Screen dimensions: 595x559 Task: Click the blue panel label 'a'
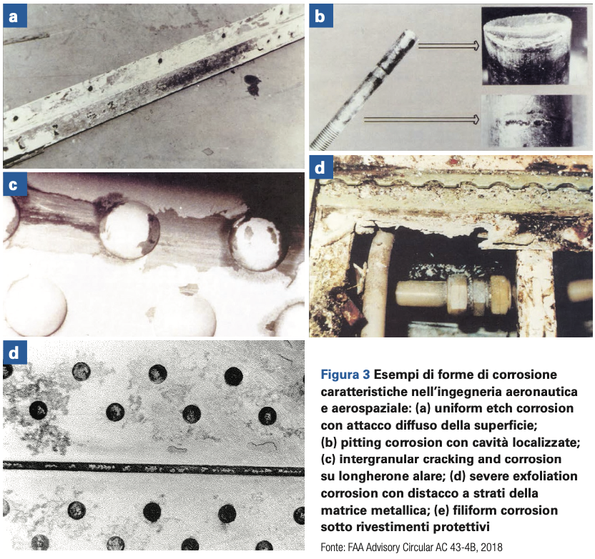point(15,16)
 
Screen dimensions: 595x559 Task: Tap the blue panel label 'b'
point(321,16)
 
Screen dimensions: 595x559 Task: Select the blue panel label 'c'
point(15,184)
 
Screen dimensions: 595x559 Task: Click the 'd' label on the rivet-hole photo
point(15,352)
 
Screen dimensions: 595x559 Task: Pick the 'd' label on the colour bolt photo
point(321,167)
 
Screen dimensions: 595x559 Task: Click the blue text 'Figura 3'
point(345,375)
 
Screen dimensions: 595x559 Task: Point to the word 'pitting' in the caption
point(357,442)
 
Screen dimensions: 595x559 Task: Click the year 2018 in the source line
point(493,548)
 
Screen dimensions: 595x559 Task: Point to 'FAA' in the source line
point(355,548)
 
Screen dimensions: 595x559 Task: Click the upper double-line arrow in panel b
point(448,46)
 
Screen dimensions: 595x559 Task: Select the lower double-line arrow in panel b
point(421,120)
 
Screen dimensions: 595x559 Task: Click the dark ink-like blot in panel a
point(252,84)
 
